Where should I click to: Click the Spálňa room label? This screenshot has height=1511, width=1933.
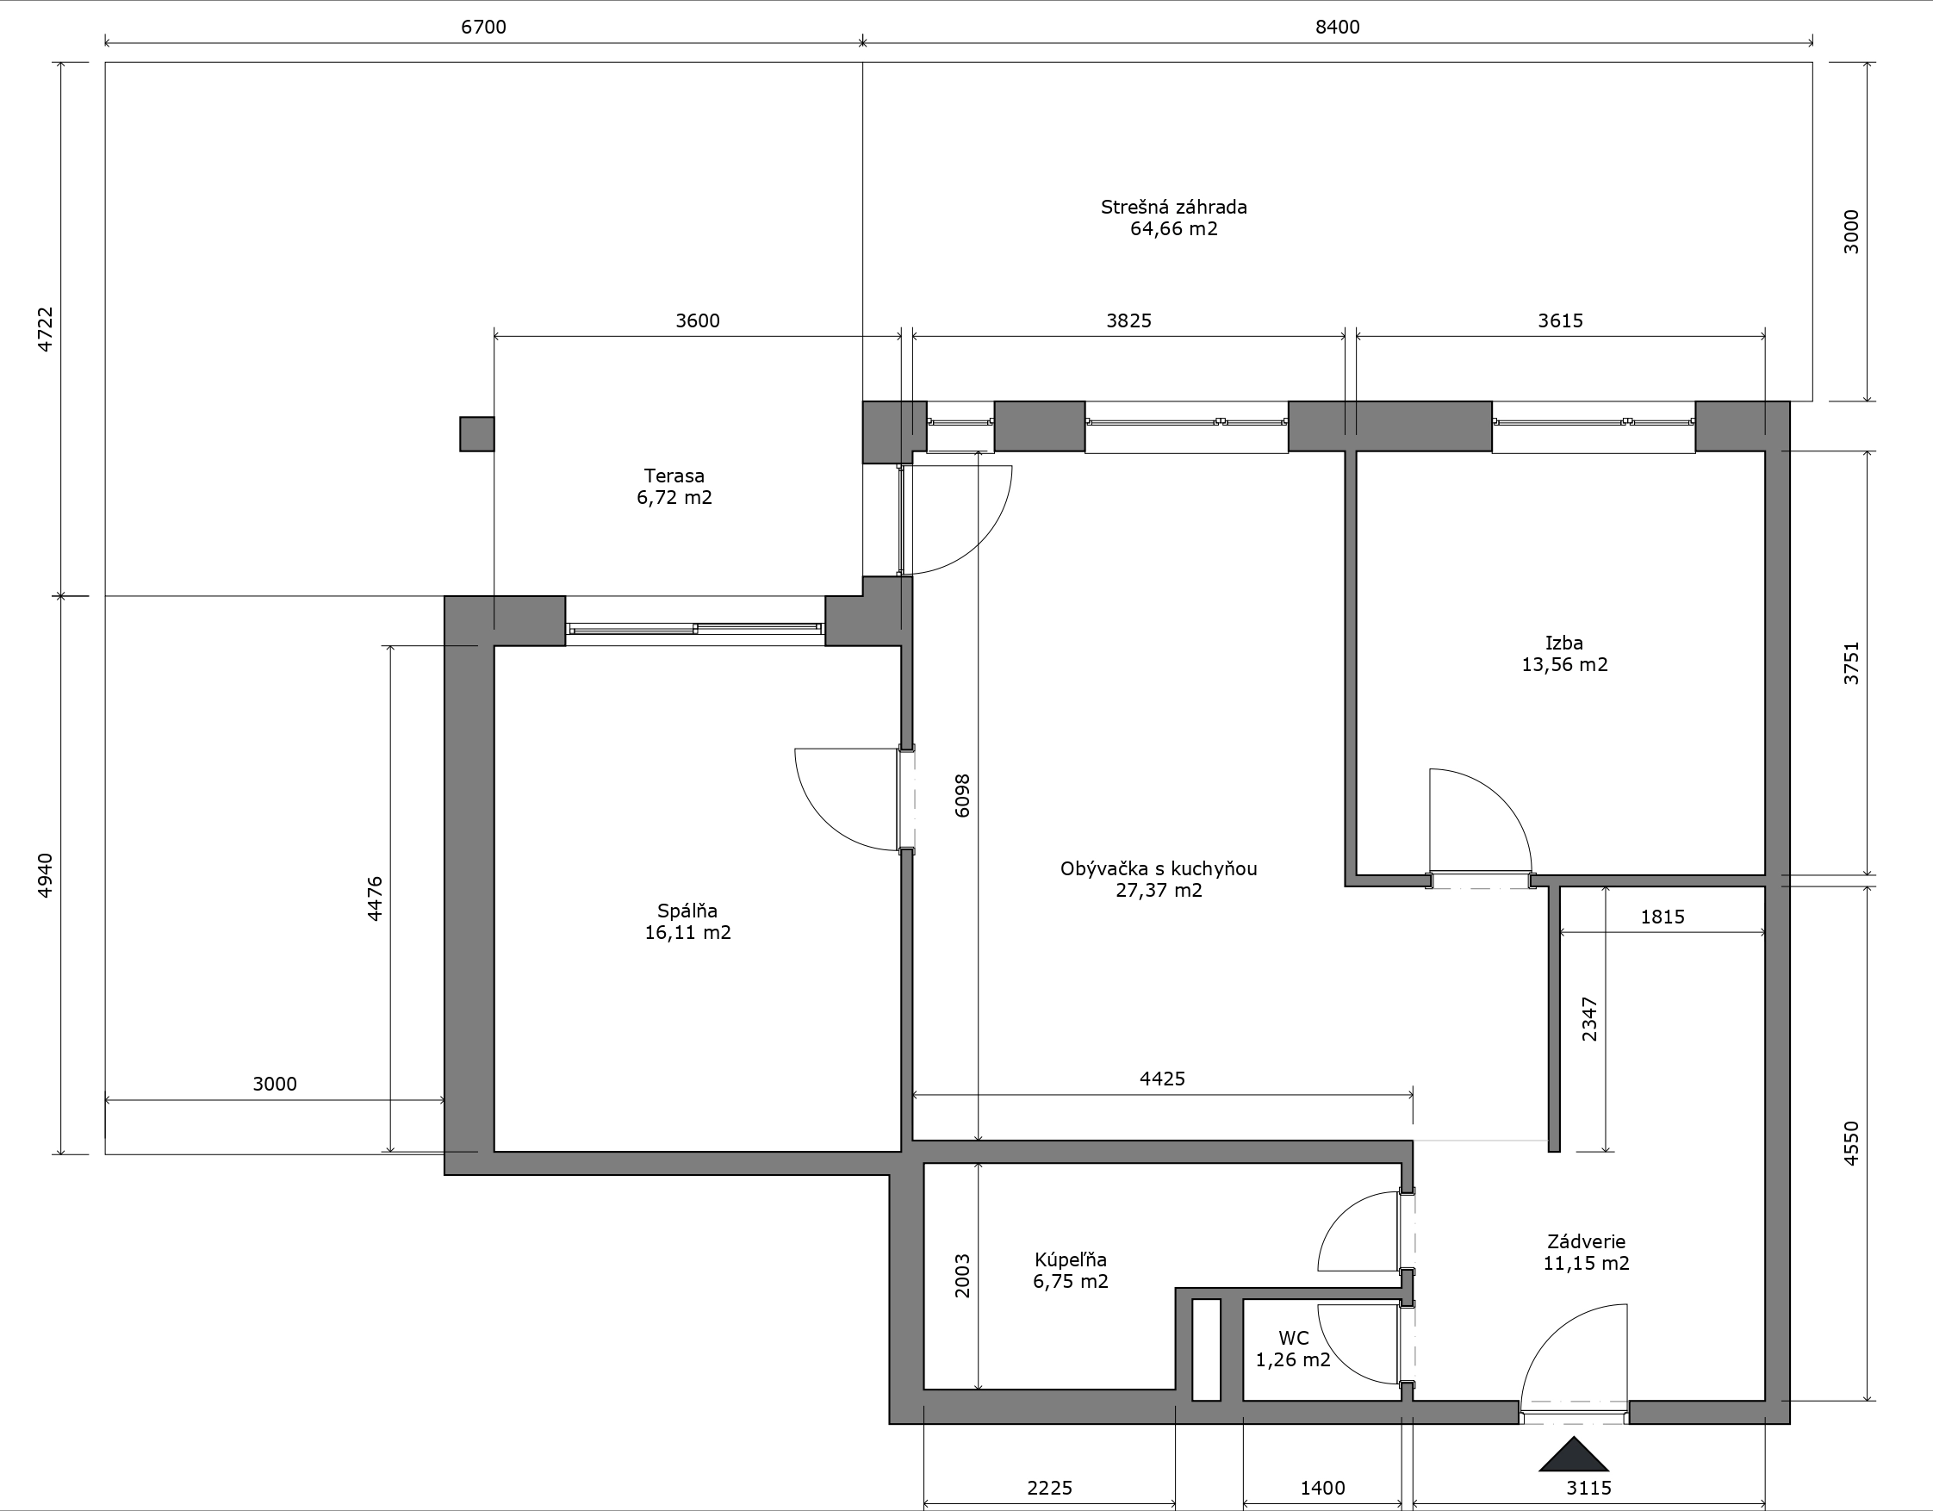pos(687,911)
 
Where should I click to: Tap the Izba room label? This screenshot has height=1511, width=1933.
pos(1564,643)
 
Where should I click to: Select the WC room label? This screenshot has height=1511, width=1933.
pos(1293,1338)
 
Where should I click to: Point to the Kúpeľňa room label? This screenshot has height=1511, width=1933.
pos(1070,1259)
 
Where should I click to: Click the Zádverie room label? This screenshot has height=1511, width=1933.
pos(1586,1241)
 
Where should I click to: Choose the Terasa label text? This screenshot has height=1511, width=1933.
pos(674,476)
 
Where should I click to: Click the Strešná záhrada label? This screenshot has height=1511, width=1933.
pos(1173,206)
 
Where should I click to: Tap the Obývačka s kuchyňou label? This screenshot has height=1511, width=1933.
pos(1159,868)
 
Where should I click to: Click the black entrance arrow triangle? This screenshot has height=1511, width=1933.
pos(1573,1453)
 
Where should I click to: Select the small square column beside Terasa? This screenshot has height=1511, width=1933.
pos(477,433)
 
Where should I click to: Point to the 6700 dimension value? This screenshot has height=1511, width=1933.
pos(483,27)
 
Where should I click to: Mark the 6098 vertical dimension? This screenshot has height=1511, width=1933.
pos(962,795)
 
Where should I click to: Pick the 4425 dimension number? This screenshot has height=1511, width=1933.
pos(1161,1079)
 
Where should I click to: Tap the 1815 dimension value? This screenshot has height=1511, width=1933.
pos(1663,917)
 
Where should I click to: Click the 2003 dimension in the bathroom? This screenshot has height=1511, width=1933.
pos(962,1276)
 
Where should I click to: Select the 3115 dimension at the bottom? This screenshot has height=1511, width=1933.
pos(1588,1488)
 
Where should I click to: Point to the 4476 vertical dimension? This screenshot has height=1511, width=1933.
pos(375,899)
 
